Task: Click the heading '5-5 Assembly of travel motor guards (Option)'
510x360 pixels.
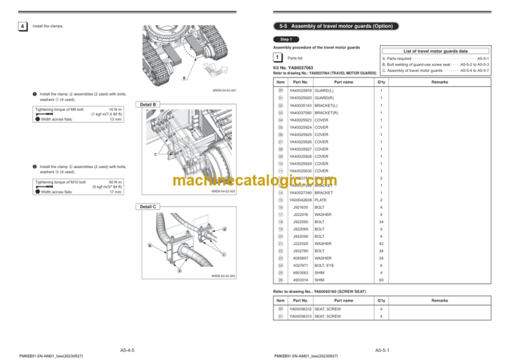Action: (x=337, y=27)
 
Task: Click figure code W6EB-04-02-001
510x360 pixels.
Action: (x=224, y=90)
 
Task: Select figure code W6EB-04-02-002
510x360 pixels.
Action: (x=224, y=276)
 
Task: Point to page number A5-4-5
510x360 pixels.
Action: (x=127, y=349)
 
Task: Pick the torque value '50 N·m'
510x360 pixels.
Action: (x=114, y=182)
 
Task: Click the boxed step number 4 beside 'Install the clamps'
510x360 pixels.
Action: (x=23, y=27)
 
